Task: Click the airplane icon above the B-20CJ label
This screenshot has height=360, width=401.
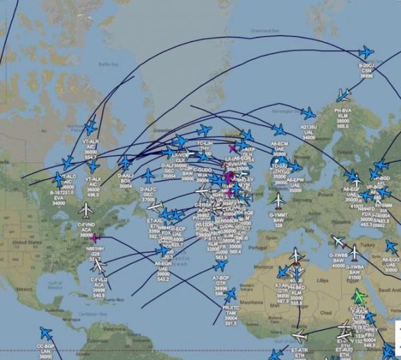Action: (x=365, y=52)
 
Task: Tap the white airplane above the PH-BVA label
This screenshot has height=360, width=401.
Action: (x=344, y=95)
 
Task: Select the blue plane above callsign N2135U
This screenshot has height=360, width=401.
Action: (x=308, y=114)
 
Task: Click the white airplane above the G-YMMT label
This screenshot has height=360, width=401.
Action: (x=279, y=199)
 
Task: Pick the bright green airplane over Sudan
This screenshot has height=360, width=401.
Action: (x=360, y=296)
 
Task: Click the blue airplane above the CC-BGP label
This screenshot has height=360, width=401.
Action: (x=45, y=333)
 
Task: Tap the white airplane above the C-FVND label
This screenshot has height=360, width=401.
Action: (x=86, y=210)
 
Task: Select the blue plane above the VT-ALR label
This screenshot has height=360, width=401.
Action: (x=91, y=128)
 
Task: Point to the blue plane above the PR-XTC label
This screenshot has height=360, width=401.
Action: (x=231, y=294)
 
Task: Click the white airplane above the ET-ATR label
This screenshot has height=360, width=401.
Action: (x=299, y=336)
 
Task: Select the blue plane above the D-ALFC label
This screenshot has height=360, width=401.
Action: (x=148, y=176)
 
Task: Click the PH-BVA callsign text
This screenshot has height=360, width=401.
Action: (x=343, y=109)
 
